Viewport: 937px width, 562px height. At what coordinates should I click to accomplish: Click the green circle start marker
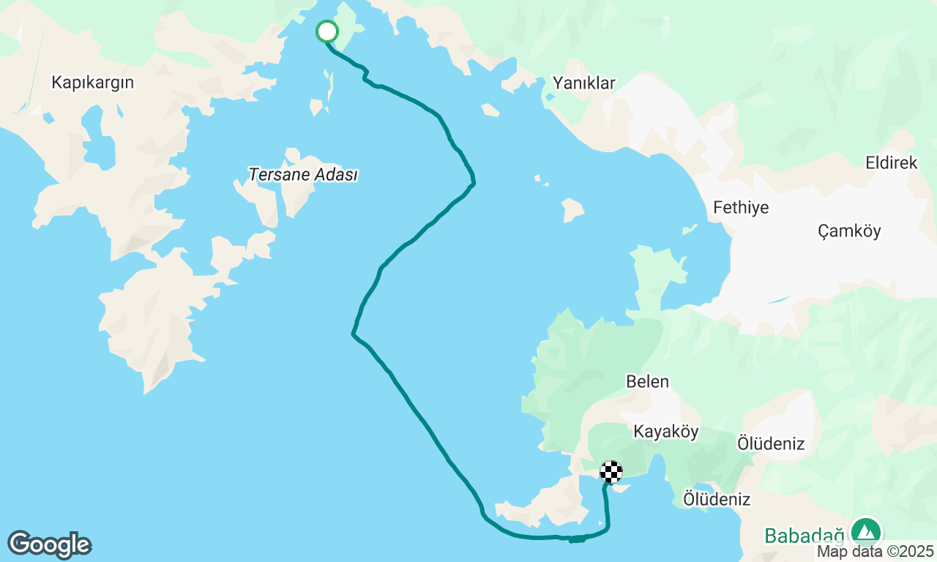tap(326, 31)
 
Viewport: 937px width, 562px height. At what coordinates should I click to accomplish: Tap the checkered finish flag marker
tap(611, 472)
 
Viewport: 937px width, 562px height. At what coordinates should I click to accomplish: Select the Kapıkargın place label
tap(92, 82)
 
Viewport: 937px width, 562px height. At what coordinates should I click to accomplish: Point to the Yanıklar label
tap(583, 83)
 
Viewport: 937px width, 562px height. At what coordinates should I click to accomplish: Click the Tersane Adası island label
tap(302, 175)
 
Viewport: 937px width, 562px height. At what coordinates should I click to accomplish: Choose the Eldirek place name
tap(891, 162)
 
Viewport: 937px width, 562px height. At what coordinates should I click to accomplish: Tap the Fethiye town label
tap(741, 207)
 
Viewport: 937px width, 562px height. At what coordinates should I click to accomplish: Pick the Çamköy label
tap(849, 231)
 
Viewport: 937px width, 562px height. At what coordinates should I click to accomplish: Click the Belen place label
tap(647, 381)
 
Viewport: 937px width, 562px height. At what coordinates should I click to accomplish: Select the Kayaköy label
tap(666, 431)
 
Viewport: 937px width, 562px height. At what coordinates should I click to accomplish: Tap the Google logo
tap(49, 545)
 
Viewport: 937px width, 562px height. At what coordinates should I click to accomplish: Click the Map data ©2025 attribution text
tap(875, 551)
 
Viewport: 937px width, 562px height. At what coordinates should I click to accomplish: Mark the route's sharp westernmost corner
tap(353, 334)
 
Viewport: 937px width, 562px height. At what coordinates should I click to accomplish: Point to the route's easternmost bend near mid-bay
tap(474, 179)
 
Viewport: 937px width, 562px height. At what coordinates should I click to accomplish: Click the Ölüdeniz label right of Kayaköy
tap(770, 443)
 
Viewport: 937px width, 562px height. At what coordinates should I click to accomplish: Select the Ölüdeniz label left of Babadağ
tap(716, 499)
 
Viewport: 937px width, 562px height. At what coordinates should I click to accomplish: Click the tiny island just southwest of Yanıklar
tap(490, 110)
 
